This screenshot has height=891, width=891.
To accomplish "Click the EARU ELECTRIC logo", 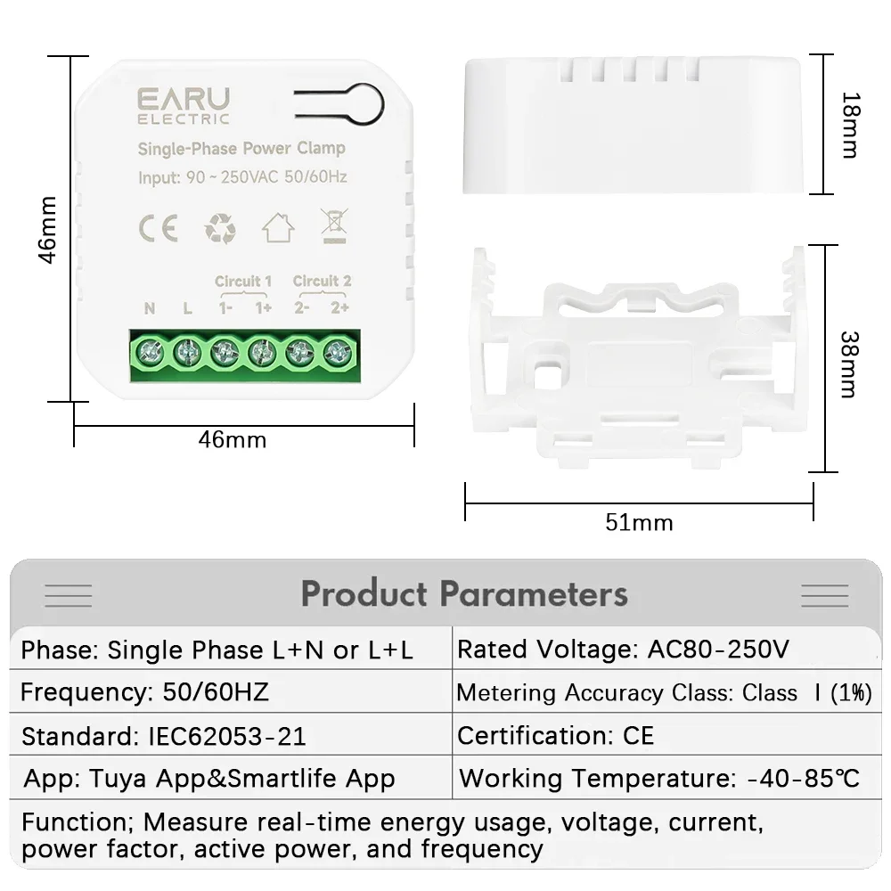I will point(183,104).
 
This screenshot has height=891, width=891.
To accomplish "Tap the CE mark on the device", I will point(158,228).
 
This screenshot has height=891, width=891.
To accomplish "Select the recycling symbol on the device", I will point(220,228).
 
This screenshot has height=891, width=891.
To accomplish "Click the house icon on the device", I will point(278,228).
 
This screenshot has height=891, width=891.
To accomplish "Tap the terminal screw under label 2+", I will point(338,352).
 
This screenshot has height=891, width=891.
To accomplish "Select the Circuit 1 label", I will point(243,282).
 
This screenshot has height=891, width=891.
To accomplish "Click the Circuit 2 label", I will point(322,282).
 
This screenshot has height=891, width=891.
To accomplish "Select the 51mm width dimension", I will point(639,523).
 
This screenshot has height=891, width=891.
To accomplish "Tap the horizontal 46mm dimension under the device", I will point(232,439).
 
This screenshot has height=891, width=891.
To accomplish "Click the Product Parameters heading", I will point(464,593).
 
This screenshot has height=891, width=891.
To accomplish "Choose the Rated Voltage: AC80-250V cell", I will point(623,650).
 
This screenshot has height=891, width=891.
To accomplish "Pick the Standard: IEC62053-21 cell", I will point(164,737).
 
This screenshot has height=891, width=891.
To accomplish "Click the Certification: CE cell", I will point(556,736).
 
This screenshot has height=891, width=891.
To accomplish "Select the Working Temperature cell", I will point(659,778).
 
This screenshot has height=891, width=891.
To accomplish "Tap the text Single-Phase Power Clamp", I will point(241,148).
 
